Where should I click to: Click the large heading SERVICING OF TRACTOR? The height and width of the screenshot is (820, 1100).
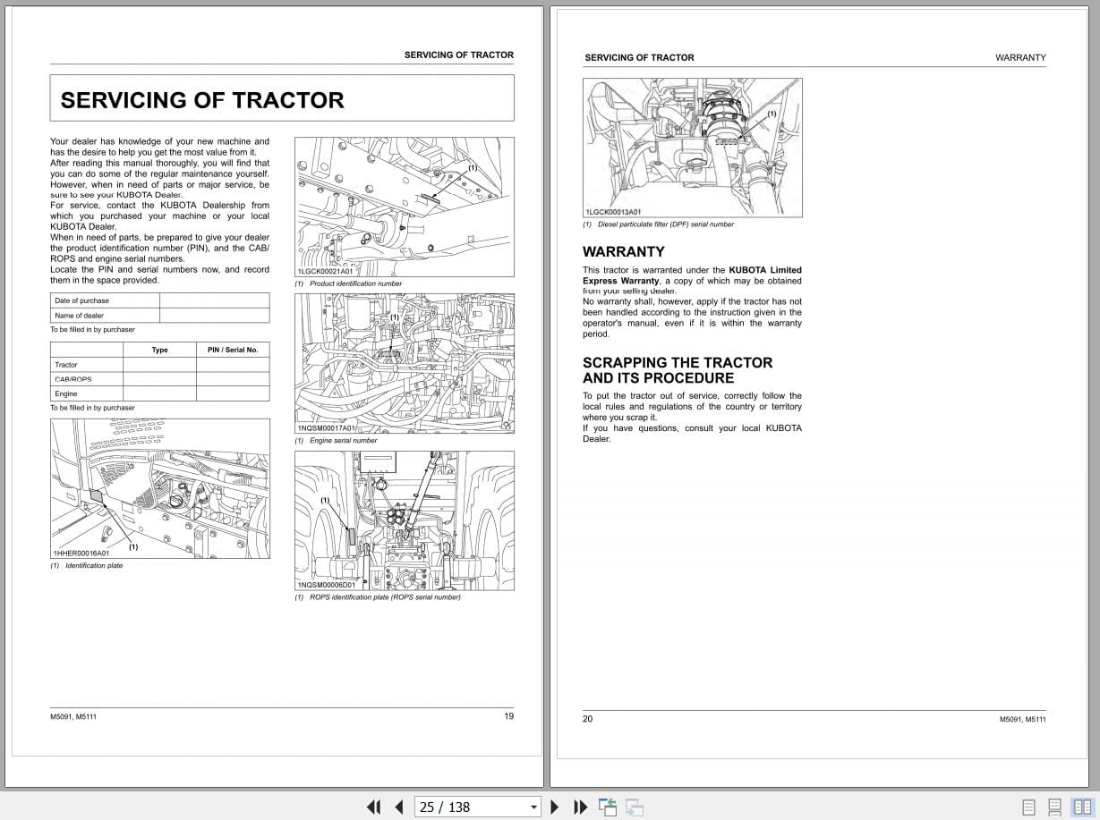tap(202, 100)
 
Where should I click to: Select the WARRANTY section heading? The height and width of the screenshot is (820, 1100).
tap(624, 251)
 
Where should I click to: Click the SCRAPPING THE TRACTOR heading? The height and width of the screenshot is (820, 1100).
tap(678, 362)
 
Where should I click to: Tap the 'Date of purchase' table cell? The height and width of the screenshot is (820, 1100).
tap(82, 300)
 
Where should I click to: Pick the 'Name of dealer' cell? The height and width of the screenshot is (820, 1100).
tap(79, 315)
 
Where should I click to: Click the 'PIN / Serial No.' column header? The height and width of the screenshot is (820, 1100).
tap(233, 350)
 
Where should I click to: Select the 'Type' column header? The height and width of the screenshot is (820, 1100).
tap(159, 350)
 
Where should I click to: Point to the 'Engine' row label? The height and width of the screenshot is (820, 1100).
tap(66, 393)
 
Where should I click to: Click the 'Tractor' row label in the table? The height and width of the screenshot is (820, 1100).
tap(66, 365)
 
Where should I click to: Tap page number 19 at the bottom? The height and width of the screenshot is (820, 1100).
tap(508, 715)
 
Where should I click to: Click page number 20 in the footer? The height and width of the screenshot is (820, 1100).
tap(588, 718)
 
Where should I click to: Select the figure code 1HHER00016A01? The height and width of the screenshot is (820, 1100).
tap(81, 554)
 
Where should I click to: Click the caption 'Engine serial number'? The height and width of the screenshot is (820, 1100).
tap(343, 440)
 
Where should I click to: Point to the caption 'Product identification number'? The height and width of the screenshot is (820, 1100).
tap(355, 283)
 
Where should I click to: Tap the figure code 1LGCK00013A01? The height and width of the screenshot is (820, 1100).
tap(613, 212)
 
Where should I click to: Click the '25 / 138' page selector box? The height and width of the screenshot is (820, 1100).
tap(479, 807)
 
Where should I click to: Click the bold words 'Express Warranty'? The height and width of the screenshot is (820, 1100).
tap(620, 281)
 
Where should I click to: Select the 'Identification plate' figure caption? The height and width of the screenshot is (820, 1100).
tap(94, 565)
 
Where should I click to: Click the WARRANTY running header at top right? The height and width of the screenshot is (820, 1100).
tap(1020, 57)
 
